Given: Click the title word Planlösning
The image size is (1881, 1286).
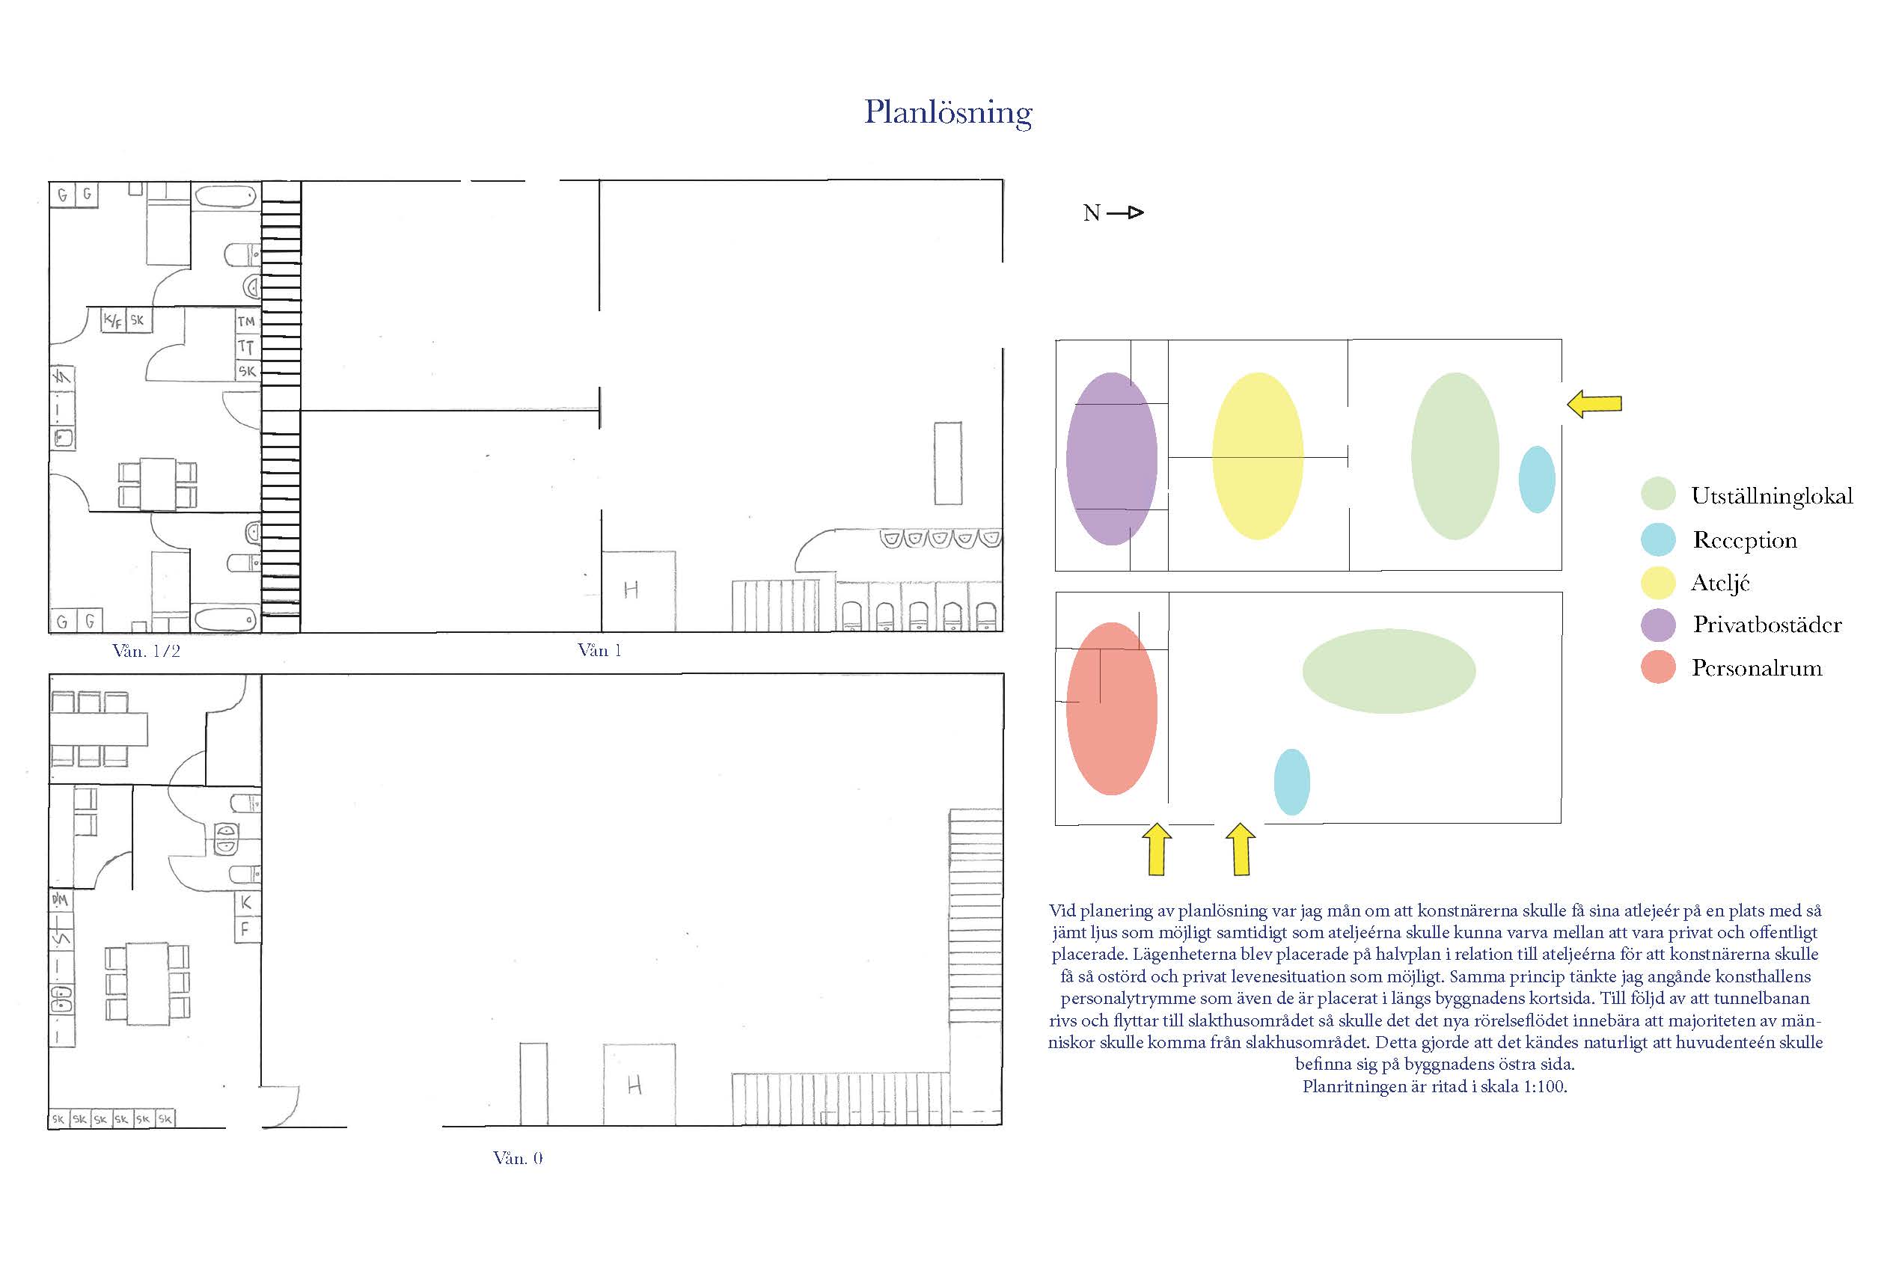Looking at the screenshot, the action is (x=948, y=113).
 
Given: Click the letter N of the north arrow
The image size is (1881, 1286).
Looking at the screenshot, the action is (x=1091, y=213).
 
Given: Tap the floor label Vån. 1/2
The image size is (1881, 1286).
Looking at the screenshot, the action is (x=147, y=651).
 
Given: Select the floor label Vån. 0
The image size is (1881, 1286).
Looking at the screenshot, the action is (x=518, y=1158).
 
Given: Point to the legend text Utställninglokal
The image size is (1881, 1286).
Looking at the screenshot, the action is (x=1772, y=496).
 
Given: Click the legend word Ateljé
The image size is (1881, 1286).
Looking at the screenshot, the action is (x=1720, y=583).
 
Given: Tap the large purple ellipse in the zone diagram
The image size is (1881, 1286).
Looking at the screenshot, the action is (x=1111, y=459).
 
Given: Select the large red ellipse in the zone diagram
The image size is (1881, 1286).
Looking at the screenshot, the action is (x=1111, y=709).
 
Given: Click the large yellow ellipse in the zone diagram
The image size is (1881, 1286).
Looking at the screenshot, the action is (x=1257, y=456).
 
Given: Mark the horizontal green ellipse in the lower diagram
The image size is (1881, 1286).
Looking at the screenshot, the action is (x=1388, y=671).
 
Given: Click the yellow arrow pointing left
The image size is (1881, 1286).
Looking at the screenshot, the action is (x=1594, y=404).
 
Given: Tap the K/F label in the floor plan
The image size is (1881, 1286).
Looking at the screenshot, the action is (x=112, y=320).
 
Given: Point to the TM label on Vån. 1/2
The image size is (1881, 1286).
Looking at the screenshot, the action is (x=247, y=321).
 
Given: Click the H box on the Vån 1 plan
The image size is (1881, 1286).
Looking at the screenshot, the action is (x=639, y=591).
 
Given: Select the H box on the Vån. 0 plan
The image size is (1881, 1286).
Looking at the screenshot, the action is (x=639, y=1085).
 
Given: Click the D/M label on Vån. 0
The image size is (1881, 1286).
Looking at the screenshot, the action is (x=61, y=899).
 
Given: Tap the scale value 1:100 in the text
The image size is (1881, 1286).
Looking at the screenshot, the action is (x=1544, y=1087).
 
